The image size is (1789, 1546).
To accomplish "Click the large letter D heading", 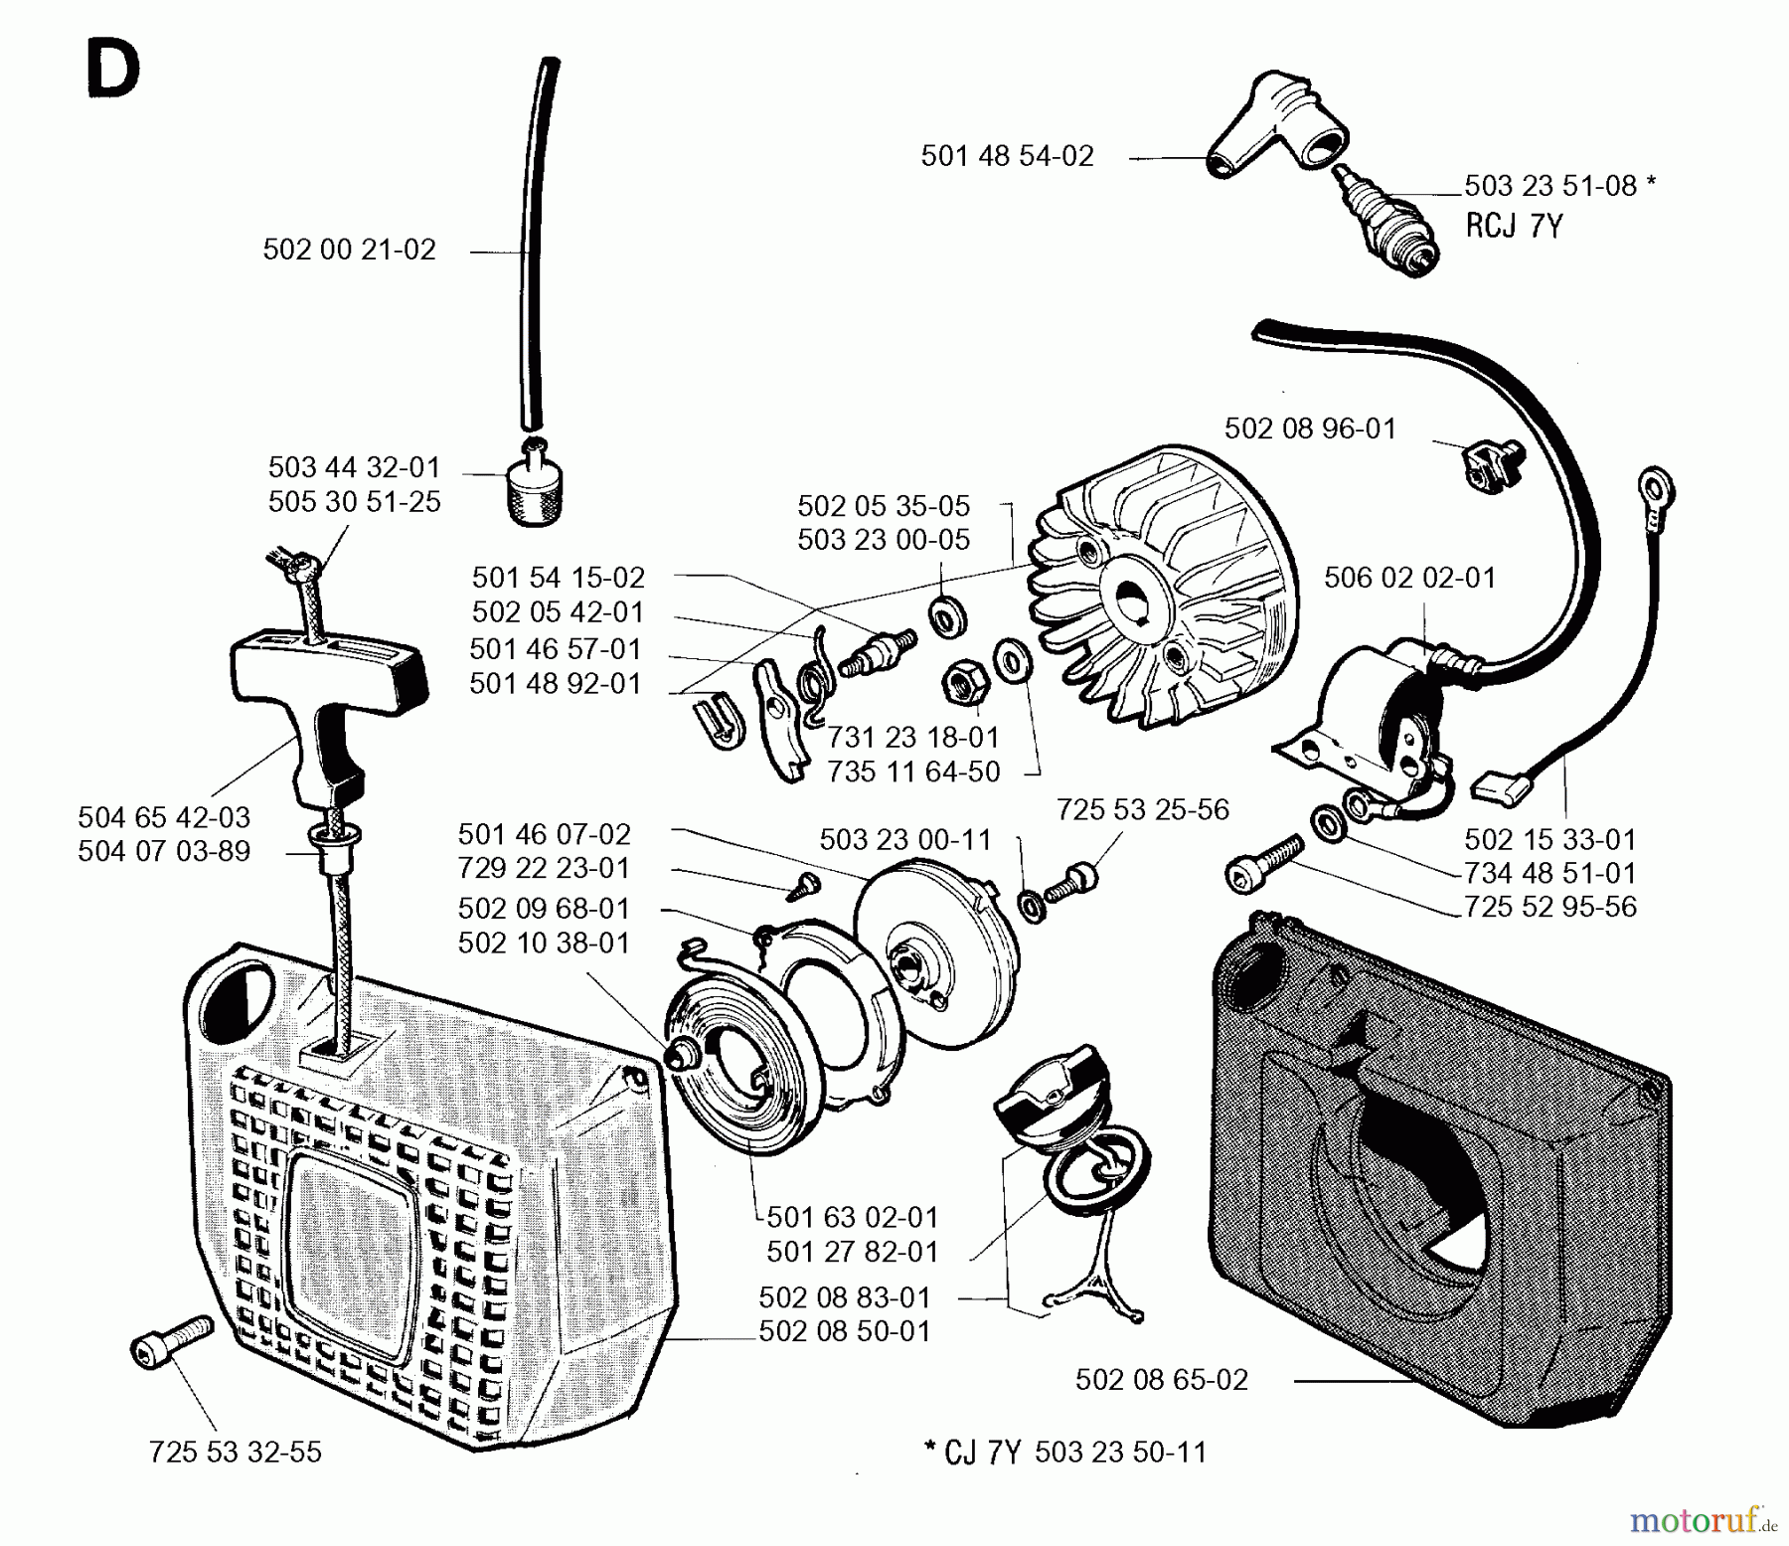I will (112, 74).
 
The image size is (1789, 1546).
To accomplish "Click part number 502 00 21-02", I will (349, 250).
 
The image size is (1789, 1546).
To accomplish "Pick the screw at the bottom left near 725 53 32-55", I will (171, 1339).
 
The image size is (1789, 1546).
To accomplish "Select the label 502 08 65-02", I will (1161, 1380).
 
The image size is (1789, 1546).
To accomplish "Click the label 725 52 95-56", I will (1549, 907).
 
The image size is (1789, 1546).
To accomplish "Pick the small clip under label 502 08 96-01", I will (1485, 466).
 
